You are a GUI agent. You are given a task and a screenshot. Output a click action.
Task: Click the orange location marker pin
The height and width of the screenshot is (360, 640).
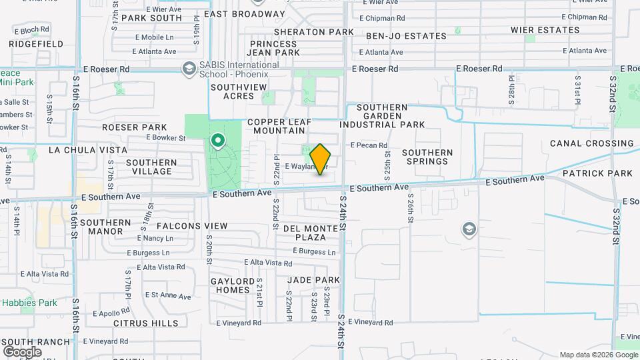point(321,159)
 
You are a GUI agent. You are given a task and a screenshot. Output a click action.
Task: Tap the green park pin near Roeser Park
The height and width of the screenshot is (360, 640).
point(217,141)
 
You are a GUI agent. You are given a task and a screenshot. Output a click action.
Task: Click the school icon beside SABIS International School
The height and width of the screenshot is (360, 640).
point(189,69)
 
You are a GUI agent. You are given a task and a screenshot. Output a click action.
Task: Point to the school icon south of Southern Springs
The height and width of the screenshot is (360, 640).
point(469,230)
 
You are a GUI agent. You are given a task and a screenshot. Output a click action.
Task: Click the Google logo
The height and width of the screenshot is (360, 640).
point(22,351)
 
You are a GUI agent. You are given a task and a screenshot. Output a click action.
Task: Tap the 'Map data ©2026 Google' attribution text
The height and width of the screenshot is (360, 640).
point(598,355)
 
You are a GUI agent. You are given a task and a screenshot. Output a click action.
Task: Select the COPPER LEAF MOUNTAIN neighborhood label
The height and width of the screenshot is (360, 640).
point(280,127)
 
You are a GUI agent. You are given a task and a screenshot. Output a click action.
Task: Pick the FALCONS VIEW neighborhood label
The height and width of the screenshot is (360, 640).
point(183,226)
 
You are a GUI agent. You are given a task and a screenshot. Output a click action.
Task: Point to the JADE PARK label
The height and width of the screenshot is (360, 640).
point(313,280)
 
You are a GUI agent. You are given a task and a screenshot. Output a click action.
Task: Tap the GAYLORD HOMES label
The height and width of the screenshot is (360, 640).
point(233,285)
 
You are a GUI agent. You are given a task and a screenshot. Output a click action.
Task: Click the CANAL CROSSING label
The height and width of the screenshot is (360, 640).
point(591,143)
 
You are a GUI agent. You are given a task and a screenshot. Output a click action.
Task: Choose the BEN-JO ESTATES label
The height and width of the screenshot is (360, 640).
point(405,36)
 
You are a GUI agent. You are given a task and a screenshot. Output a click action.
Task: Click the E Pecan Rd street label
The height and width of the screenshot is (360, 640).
point(369,145)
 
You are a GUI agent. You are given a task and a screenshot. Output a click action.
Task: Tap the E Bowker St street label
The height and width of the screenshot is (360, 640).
point(165,138)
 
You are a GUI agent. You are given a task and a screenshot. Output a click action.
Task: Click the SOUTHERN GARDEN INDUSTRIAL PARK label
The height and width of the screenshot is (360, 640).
point(382,116)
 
